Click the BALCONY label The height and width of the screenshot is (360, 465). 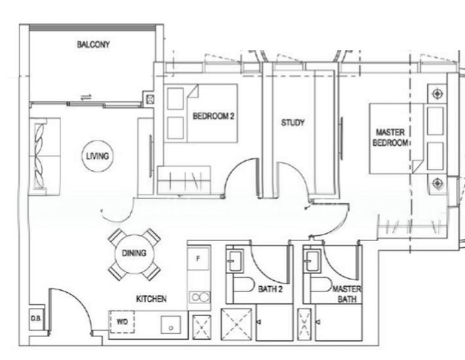(93, 44)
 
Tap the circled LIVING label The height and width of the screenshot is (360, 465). (96, 156)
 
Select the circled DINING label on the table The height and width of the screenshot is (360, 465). (134, 253)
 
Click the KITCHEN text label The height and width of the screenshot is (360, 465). (150, 298)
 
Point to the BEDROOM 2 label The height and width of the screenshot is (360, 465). (213, 116)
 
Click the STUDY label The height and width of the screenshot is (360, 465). (293, 122)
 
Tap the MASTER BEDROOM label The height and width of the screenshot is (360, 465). (391, 137)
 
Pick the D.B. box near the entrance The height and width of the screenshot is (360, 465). (35, 319)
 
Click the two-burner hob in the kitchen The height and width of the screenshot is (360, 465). (200, 296)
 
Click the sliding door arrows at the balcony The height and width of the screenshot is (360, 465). (87, 97)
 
